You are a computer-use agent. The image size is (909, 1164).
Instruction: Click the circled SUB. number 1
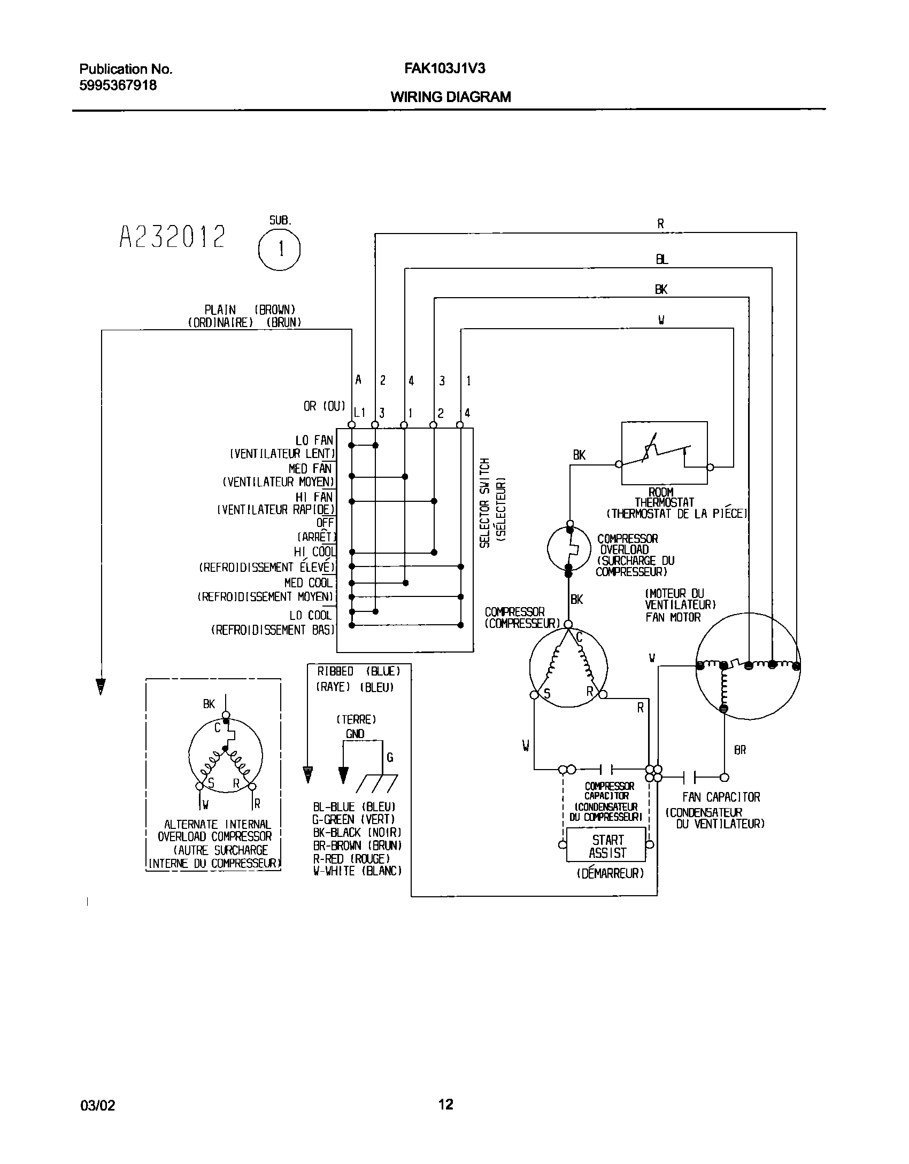279,250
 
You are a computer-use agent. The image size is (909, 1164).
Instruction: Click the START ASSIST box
606,845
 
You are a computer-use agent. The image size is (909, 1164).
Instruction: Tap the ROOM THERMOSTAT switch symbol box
664,453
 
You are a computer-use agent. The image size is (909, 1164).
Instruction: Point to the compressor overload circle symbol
569,548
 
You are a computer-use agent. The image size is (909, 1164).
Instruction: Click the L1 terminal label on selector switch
359,413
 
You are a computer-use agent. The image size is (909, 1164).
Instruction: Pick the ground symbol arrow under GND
343,774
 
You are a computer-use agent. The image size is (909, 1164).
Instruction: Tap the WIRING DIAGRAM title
451,97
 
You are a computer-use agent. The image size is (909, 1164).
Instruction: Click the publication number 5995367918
118,85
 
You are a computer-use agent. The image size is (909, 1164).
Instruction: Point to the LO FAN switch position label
314,440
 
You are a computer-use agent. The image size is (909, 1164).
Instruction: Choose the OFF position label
325,523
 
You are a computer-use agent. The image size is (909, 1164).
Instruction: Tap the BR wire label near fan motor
739,750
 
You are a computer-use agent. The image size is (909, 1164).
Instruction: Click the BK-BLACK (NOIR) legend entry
357,833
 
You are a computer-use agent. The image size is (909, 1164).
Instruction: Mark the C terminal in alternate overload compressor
218,728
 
